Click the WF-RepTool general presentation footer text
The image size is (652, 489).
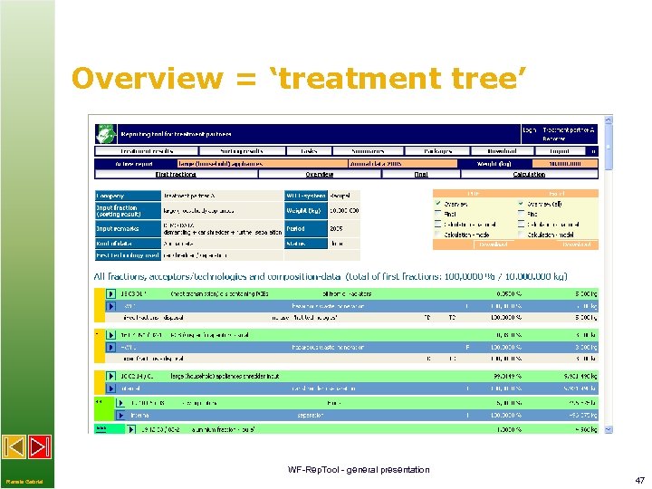click(x=359, y=469)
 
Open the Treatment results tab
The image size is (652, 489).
click(x=147, y=151)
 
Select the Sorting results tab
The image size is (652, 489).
click(x=241, y=151)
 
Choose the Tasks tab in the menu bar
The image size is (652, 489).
click(x=310, y=151)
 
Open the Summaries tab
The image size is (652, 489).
click(x=369, y=151)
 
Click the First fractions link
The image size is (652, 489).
click(x=176, y=174)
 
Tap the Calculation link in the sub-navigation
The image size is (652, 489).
click(x=529, y=174)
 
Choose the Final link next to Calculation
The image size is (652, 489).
click(x=421, y=174)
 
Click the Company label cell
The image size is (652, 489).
click(x=128, y=196)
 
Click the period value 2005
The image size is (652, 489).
click(x=338, y=229)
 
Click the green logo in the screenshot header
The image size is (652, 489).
click(x=108, y=133)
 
